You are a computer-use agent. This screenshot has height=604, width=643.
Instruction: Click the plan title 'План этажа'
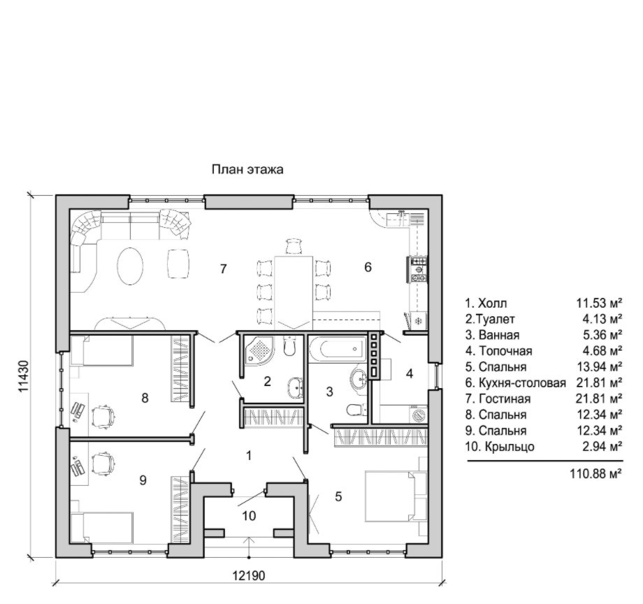point(247,169)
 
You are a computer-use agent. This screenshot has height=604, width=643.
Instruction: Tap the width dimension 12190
point(249,576)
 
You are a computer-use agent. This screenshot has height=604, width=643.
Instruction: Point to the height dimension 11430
point(24,375)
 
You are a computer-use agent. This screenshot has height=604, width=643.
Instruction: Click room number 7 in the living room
point(223,269)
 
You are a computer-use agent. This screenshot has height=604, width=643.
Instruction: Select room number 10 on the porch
point(249,515)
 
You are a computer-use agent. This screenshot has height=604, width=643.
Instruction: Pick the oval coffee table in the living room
point(131,266)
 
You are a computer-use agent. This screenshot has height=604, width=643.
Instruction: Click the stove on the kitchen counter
point(418,269)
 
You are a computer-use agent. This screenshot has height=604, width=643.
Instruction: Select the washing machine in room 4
point(419,415)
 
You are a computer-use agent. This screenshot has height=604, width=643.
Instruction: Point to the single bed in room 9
point(102,528)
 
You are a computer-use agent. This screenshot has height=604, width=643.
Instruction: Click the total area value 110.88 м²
point(596,473)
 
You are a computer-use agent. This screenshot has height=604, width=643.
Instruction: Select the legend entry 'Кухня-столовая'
point(522,383)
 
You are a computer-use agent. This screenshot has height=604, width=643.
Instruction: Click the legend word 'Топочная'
point(505,351)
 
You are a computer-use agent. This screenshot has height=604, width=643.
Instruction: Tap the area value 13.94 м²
point(599,367)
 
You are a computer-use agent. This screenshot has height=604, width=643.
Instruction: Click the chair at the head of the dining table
point(294,247)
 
